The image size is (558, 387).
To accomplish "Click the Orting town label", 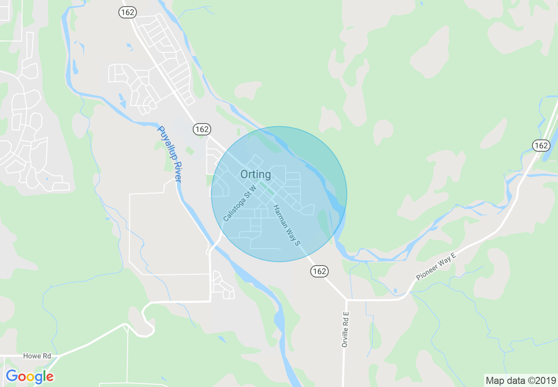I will click(256, 175).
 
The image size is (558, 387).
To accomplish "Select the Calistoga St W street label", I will click(239, 204).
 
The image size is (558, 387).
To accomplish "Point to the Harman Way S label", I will click(286, 225).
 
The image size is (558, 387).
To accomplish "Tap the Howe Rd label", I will click(37, 356).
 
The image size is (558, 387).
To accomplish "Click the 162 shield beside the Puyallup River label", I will click(202, 129).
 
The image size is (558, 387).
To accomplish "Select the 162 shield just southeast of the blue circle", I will click(319, 271).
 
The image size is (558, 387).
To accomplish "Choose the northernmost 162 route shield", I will click(127, 13).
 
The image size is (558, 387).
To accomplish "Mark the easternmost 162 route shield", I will click(540, 146).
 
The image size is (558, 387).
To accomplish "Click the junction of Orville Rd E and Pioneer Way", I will click(346, 300).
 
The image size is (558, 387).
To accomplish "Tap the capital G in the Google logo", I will click(11, 376).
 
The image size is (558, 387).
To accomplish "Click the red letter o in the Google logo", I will click(22, 377).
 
